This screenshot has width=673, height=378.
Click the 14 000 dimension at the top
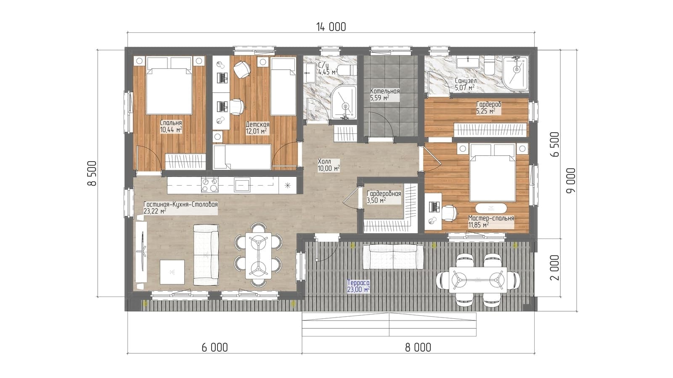[331, 27]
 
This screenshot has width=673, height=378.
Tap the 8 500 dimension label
[92, 173]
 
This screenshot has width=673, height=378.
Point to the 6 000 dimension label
[215, 347]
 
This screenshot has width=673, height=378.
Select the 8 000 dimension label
[418, 347]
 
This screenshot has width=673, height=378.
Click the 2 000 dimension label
[555, 268]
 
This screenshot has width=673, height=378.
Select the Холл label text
[324, 161]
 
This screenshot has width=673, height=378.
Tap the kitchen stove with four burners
[210, 185]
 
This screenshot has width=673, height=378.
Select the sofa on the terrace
[393, 257]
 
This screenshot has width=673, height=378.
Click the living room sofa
[206, 255]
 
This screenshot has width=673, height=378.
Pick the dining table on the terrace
[478, 280]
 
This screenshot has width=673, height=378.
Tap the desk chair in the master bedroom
[449, 213]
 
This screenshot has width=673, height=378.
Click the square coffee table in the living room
[172, 272]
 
